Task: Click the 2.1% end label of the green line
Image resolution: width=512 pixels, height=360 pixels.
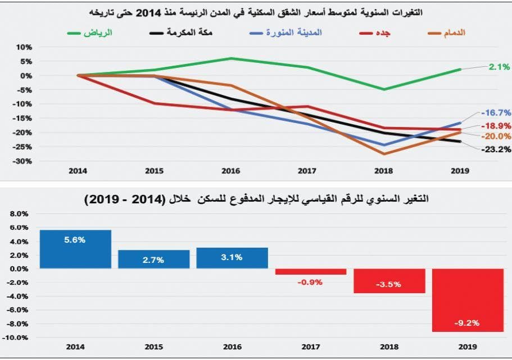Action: pos(499,67)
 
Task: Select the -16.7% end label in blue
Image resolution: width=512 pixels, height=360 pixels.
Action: pos(495,112)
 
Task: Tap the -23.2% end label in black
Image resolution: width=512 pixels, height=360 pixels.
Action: pos(495,149)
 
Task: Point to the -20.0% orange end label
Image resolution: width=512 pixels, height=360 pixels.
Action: pos(495,136)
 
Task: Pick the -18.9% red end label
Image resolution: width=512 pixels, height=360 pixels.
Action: pos(495,126)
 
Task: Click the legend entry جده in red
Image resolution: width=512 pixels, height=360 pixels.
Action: pos(382,33)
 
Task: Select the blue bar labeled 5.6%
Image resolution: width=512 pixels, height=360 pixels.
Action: pos(75,249)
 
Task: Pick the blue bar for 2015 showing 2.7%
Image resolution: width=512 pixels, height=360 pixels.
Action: pos(153,259)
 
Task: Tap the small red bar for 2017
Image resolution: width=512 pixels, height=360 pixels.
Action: pos(310,272)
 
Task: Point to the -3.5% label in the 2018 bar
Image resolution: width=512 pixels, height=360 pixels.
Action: pos(388,285)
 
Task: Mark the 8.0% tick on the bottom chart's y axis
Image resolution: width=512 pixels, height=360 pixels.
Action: pos(18,214)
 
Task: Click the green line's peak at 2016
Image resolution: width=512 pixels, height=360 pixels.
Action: pos(232,58)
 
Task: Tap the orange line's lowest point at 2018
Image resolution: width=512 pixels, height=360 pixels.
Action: pos(385,154)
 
